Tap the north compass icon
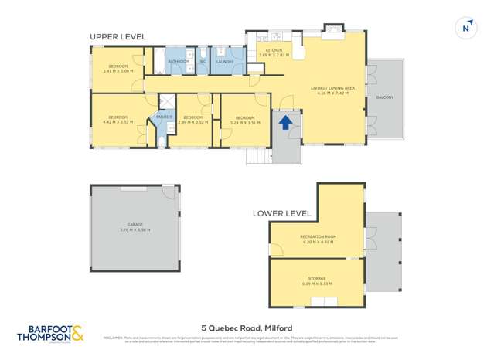coord(465,28)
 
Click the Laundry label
coord(225,60)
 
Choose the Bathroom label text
coord(179,60)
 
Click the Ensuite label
coord(163,117)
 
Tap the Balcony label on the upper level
coord(385,97)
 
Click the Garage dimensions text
coord(135,229)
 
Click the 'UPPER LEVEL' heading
coord(118,36)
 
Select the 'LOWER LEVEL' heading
coord(282,213)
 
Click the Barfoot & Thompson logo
coord(50,333)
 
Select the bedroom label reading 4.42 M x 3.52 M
coord(118,120)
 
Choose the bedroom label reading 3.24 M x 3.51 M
coord(245,120)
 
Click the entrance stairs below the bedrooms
coord(257,155)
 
